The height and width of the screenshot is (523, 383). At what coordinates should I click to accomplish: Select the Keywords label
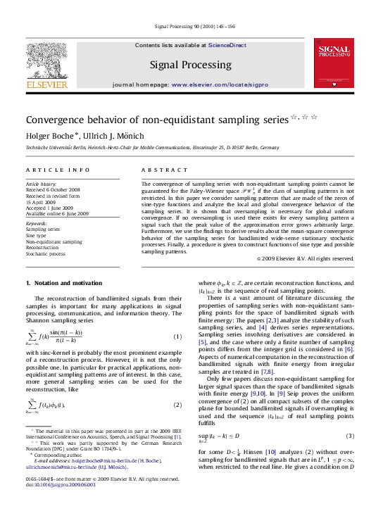(39, 223)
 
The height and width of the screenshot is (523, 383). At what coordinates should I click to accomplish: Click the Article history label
(42, 184)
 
